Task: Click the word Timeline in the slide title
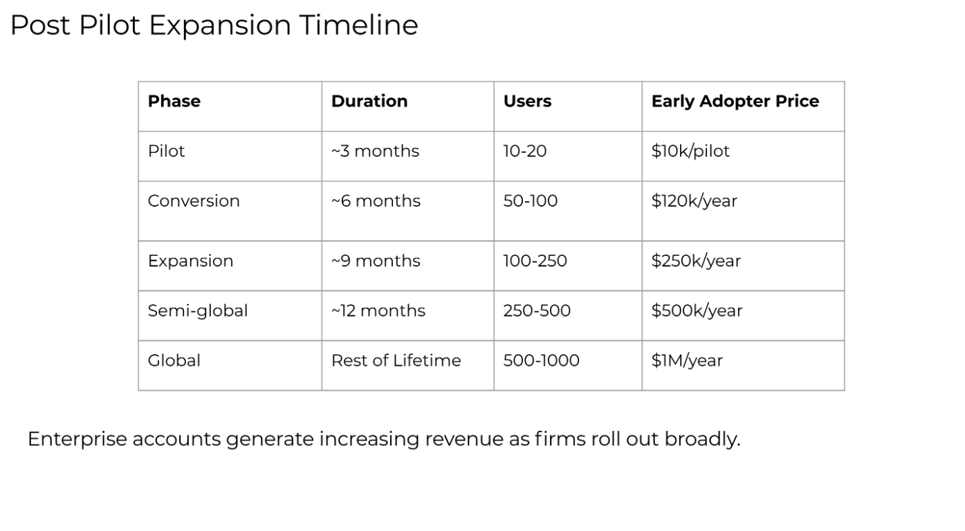tap(358, 25)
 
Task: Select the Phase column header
tap(174, 101)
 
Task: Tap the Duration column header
tap(369, 101)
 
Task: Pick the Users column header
tap(527, 101)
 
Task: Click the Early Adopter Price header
tap(735, 102)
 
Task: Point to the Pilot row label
tap(166, 151)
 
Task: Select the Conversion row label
tap(194, 201)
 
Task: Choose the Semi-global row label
tap(198, 311)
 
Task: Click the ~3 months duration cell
tap(375, 151)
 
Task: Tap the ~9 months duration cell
tap(376, 261)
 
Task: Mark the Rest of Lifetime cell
tap(396, 360)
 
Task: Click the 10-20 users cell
tap(525, 151)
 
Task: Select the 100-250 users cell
tap(535, 261)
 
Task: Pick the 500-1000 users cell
tap(541, 360)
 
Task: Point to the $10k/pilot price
tap(690, 151)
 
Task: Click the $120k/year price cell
tap(695, 201)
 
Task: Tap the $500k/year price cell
tap(697, 311)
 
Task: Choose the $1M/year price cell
tap(687, 360)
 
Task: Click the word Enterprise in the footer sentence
tap(77, 440)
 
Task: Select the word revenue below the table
tap(464, 440)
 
